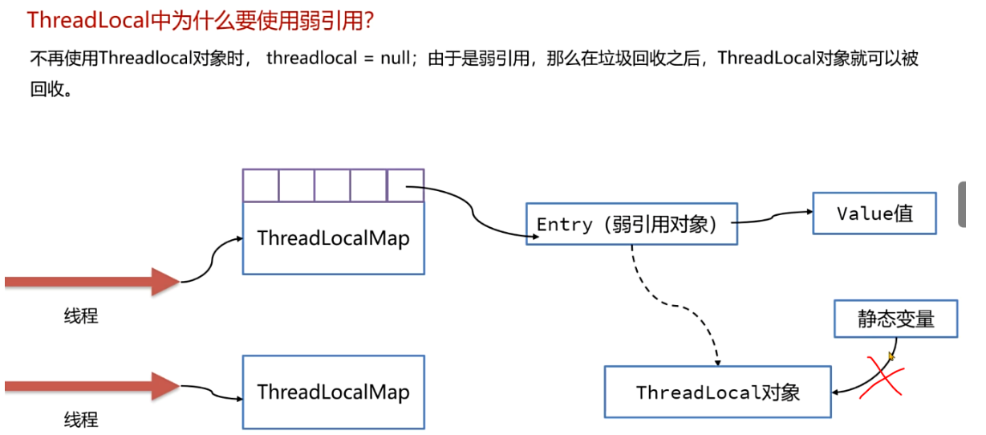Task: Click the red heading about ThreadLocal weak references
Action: [x=201, y=20]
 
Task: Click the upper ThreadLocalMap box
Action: [x=333, y=238]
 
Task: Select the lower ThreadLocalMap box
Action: [x=333, y=392]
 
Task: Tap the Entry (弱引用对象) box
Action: [x=631, y=224]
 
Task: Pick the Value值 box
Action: [x=874, y=213]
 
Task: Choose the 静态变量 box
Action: [x=895, y=319]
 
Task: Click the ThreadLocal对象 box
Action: [x=717, y=392]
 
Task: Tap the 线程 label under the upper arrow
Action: [x=81, y=315]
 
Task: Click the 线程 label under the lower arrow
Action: [x=81, y=419]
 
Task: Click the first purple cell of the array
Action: [x=261, y=185]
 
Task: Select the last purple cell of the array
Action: [x=404, y=185]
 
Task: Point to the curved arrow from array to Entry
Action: [x=473, y=210]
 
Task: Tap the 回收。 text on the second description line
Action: [x=51, y=89]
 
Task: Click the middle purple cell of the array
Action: [x=332, y=185]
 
